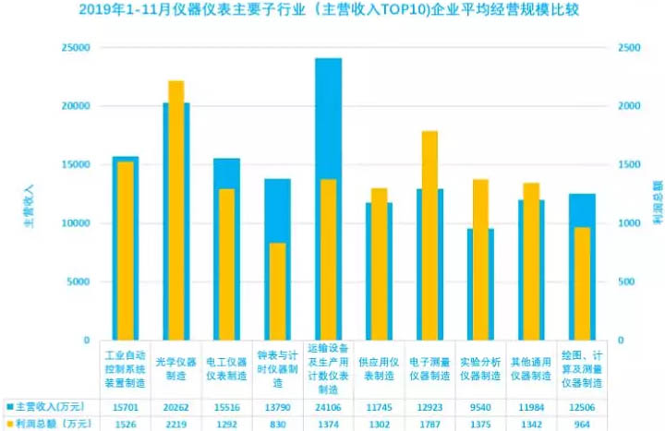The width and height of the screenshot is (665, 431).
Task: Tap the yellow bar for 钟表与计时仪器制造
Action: pos(278,291)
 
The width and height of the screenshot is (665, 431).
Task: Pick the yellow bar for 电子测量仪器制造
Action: pos(429,235)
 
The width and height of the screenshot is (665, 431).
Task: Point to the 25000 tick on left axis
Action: pos(75,47)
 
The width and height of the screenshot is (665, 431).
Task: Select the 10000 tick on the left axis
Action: pos(75,223)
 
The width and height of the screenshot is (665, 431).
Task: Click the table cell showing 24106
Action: pos(328,407)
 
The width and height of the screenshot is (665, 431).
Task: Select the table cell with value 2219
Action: pos(175,424)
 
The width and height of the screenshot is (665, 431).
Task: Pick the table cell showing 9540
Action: pos(479,407)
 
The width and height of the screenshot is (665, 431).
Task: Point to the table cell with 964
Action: pos(581,424)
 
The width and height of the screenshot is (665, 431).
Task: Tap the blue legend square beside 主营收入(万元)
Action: pos(9,407)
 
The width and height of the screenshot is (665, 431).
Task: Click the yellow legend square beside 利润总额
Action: pos(9,424)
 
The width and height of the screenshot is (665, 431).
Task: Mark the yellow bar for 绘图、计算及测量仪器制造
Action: pos(581,283)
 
